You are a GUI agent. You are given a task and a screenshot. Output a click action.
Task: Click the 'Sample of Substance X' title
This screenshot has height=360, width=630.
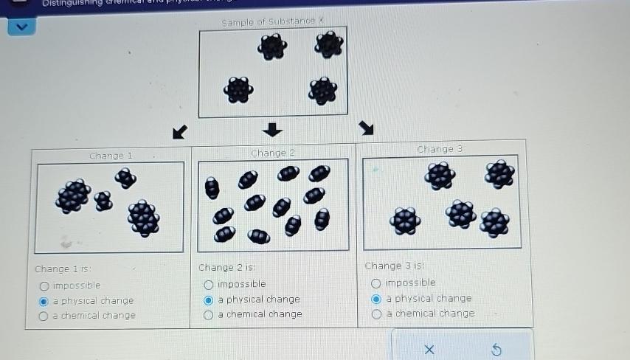[272, 21]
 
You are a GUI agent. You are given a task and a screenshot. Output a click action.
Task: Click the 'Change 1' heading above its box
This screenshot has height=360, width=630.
[111, 156]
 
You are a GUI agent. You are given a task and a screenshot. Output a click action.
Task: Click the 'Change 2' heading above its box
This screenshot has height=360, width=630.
[272, 153]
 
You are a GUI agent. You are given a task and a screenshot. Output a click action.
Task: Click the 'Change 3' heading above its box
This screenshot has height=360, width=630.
[440, 149]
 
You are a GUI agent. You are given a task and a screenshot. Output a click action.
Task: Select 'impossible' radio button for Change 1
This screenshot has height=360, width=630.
[44, 286]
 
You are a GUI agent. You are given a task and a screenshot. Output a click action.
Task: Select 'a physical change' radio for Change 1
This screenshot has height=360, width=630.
[44, 301]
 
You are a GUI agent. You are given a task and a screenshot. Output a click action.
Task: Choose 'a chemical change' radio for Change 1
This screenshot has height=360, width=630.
[44, 316]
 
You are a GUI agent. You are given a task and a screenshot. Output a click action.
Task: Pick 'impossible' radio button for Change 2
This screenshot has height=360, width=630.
[209, 285]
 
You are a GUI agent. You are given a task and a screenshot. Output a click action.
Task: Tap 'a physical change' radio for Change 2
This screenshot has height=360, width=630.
[209, 300]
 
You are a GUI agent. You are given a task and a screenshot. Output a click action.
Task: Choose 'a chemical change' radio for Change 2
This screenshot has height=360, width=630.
[209, 315]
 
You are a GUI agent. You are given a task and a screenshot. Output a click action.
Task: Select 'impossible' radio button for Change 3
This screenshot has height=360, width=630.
[376, 283]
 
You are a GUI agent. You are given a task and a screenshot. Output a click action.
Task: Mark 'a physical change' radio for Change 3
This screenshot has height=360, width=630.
[376, 299]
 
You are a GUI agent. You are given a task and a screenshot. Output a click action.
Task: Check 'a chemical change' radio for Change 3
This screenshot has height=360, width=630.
[376, 314]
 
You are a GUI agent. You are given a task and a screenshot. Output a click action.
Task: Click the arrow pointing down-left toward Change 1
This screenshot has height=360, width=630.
[179, 131]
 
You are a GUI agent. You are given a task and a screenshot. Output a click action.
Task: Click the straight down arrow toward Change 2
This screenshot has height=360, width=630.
[273, 130]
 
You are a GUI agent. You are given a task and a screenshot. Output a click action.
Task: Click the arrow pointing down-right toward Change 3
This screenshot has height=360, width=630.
[366, 129]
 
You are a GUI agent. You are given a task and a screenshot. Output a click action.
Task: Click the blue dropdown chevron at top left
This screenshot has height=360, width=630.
[21, 27]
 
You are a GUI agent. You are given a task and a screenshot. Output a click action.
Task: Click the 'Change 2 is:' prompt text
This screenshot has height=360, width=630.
[226, 268]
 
